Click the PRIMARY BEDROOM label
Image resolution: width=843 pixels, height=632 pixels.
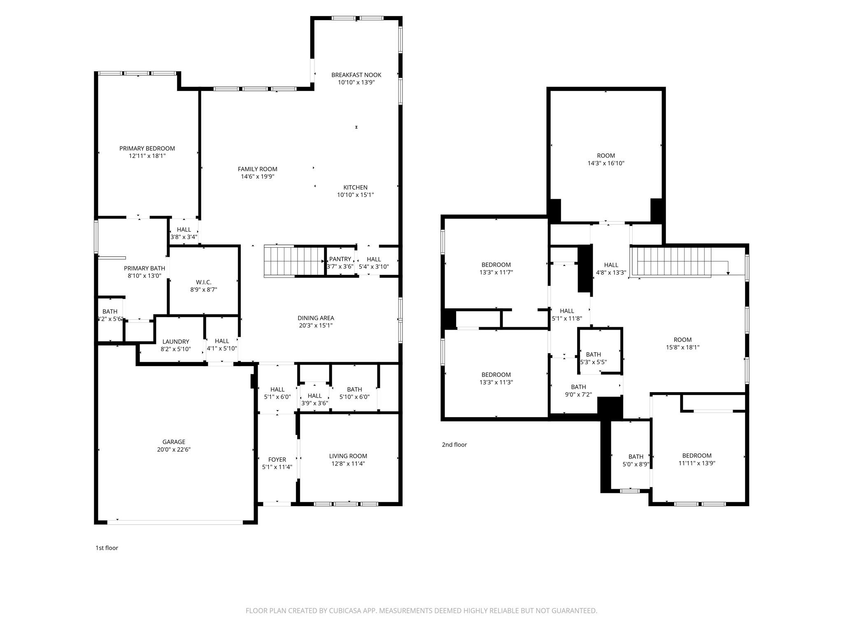(147, 149)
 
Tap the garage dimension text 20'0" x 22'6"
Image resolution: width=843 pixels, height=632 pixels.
(174, 450)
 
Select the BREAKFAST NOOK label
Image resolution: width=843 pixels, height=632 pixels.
(356, 75)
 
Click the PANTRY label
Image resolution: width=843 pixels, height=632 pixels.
(340, 259)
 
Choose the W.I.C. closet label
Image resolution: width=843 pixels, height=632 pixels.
(203, 282)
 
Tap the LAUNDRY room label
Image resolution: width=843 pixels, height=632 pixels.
(176, 342)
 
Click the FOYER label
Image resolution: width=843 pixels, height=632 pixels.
(277, 460)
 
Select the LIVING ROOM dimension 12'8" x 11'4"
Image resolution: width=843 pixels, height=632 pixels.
(348, 464)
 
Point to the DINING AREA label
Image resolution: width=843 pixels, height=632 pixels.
(316, 318)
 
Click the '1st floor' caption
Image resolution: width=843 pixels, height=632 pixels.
(107, 548)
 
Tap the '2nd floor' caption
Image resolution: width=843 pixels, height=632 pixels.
(454, 445)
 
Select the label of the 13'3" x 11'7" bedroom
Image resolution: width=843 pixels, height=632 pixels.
(496, 265)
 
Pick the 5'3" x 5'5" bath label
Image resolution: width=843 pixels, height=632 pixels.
(593, 355)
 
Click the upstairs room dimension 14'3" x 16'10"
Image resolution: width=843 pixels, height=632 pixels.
(606, 163)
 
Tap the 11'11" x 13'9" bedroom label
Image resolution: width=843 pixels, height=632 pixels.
(697, 455)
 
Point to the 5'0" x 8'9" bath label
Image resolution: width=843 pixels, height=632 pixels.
(636, 457)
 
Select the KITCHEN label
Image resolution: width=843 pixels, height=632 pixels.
(355, 188)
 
